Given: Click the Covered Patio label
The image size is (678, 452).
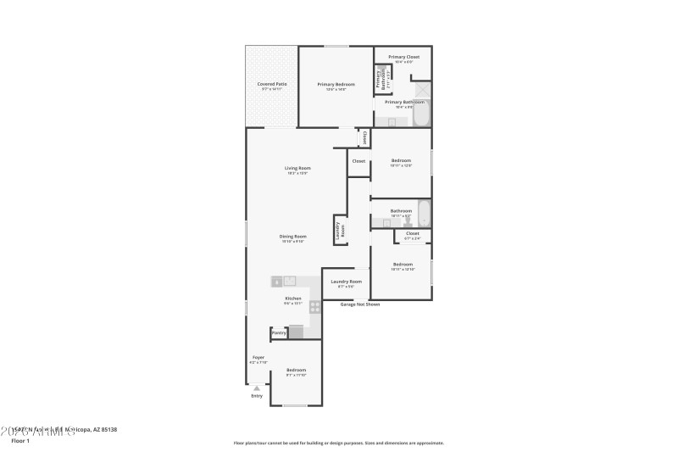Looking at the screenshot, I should [270, 84].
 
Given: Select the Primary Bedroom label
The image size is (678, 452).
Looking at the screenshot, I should [336, 84].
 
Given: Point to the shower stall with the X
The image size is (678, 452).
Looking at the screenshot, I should [421, 89].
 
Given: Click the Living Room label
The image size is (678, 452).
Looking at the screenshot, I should [297, 168].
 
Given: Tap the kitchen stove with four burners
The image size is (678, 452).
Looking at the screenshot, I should [315, 308].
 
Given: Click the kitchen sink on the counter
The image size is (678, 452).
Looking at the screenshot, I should [290, 281].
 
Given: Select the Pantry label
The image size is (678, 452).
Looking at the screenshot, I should [279, 333].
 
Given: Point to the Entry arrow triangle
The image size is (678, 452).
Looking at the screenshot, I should [257, 388].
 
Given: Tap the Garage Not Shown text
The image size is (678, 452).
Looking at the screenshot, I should [359, 304].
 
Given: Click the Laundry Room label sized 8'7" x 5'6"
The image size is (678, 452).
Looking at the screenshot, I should [346, 282].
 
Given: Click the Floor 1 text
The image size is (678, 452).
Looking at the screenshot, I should [19, 441].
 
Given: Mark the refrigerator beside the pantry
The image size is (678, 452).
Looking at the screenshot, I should [297, 332].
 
